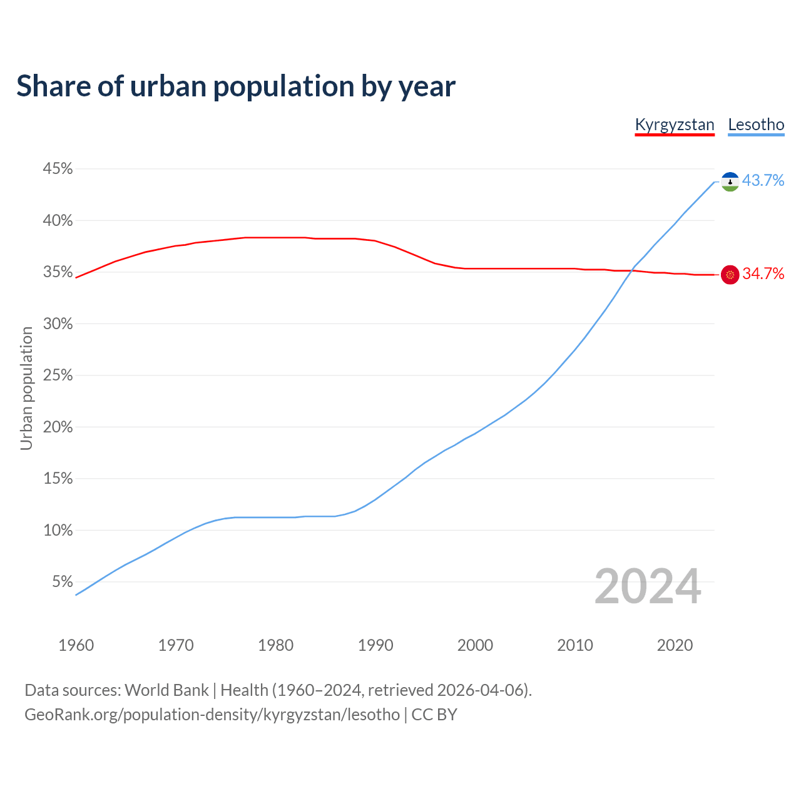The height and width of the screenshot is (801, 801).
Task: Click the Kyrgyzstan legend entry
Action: click(674, 125)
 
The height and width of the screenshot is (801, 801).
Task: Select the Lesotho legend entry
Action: click(756, 125)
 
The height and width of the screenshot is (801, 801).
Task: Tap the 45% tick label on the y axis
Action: click(58, 169)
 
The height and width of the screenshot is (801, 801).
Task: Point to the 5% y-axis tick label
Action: click(63, 582)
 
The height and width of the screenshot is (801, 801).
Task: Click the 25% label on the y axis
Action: click(58, 375)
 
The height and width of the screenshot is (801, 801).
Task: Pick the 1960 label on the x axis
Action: click(76, 645)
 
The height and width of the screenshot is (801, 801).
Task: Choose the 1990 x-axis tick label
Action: click(375, 645)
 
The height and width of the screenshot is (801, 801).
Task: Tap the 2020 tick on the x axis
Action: click(675, 645)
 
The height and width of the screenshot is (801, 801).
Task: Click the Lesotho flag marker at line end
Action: click(730, 181)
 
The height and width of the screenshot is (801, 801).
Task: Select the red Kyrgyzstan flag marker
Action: click(730, 274)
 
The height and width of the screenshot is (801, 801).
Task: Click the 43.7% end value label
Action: click(763, 181)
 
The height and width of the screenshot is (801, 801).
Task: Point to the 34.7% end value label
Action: click(763, 274)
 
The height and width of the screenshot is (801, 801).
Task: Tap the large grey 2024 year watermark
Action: click(648, 586)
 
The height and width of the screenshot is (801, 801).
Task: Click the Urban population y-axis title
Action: click(26, 388)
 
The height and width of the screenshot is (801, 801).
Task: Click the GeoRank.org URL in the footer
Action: click(212, 715)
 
